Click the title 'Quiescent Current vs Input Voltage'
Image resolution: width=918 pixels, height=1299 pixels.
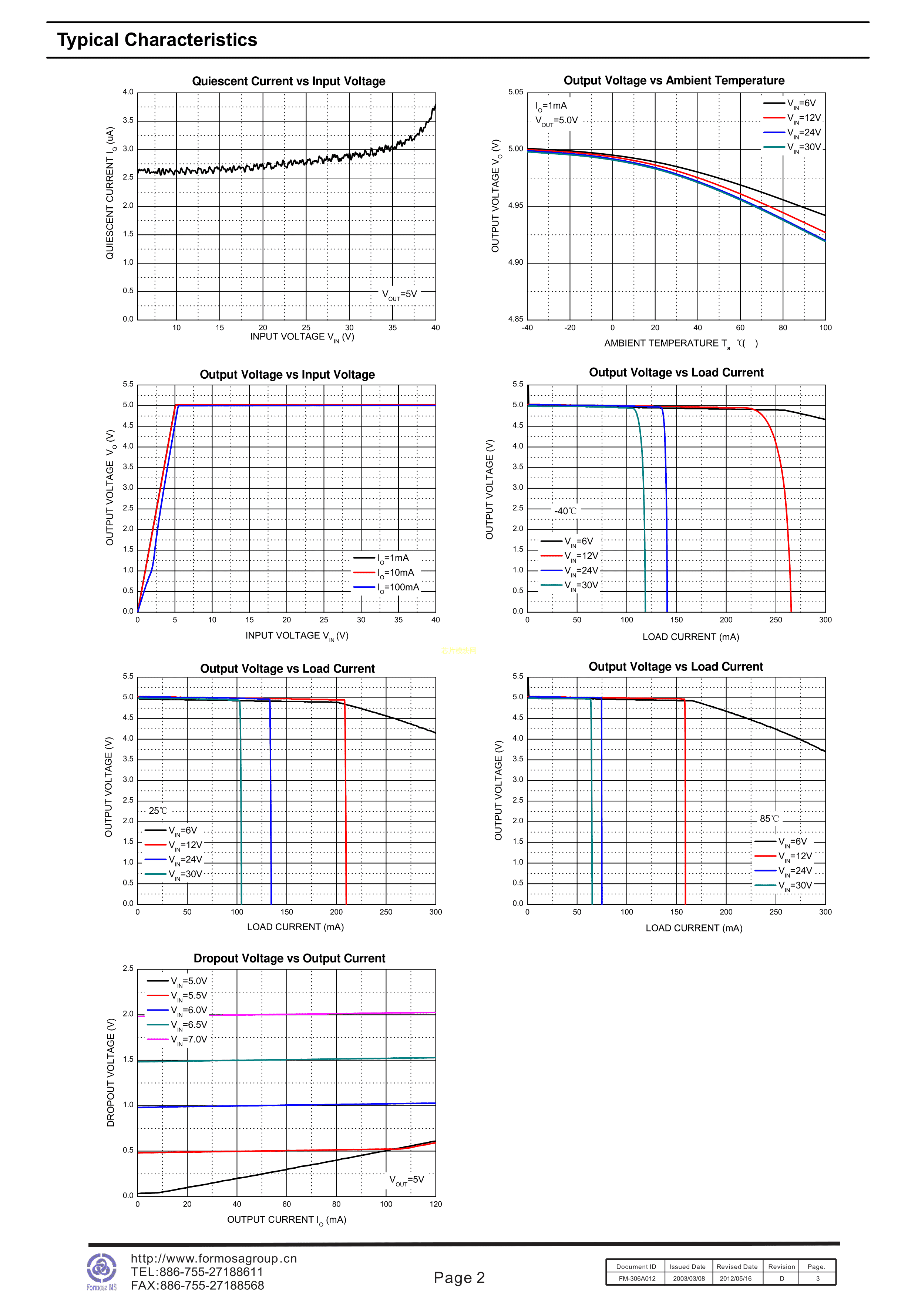point(289,81)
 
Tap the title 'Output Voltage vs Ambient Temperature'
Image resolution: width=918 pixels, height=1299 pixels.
point(674,81)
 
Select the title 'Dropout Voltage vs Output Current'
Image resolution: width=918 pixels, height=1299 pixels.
point(289,958)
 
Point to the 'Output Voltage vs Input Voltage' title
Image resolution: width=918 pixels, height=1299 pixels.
point(287,375)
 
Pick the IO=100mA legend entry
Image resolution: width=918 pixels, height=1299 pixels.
point(387,587)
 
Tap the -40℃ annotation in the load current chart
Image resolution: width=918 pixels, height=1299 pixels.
point(565,511)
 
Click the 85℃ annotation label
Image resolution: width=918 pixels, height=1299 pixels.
point(769,818)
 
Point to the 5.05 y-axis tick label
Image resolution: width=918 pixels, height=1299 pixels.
point(516,92)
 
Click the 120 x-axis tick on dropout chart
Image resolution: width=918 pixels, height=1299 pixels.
point(435,1204)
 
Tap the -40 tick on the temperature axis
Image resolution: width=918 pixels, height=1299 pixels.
point(527,328)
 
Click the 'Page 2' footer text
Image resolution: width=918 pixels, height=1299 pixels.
point(459,1278)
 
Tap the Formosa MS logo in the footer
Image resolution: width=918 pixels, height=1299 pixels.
point(102,1271)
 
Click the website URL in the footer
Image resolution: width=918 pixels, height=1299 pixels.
point(214,1258)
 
